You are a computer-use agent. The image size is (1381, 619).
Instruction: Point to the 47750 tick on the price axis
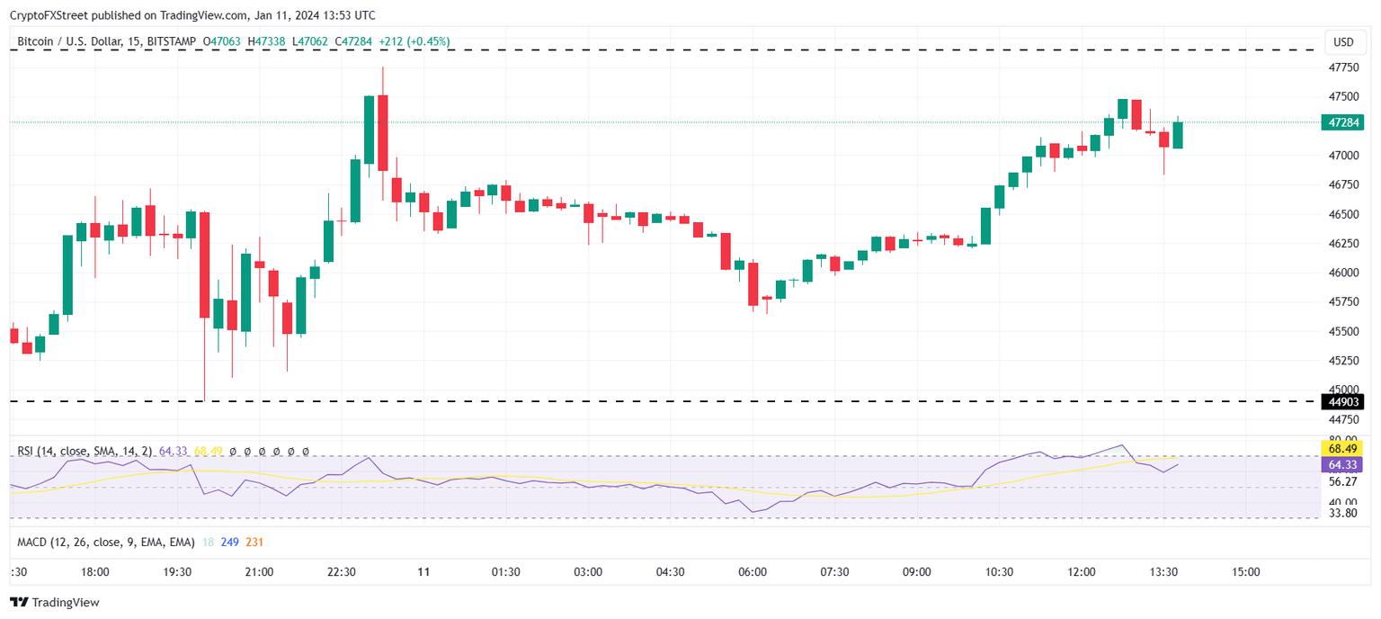pyautogui.click(x=1343, y=67)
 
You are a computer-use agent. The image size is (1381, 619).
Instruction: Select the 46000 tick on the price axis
pyautogui.click(x=1343, y=273)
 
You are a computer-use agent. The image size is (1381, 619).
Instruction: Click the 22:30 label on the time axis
pyautogui.click(x=342, y=572)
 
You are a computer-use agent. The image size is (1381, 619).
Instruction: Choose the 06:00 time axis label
pyautogui.click(x=753, y=572)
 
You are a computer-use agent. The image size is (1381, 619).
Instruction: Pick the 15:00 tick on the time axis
pyautogui.click(x=1245, y=572)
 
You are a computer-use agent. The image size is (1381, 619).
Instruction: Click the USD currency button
pyautogui.click(x=1343, y=42)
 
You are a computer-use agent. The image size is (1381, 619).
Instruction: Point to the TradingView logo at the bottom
pyautogui.click(x=55, y=603)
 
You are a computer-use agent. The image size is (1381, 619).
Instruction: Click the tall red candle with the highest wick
pyautogui.click(x=383, y=132)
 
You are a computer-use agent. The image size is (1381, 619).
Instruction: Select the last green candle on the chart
pyautogui.click(x=1178, y=135)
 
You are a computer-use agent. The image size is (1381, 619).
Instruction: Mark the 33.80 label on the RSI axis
pyautogui.click(x=1343, y=514)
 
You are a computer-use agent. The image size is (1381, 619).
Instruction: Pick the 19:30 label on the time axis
pyautogui.click(x=177, y=572)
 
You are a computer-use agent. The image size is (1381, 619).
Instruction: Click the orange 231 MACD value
pyautogui.click(x=254, y=543)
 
